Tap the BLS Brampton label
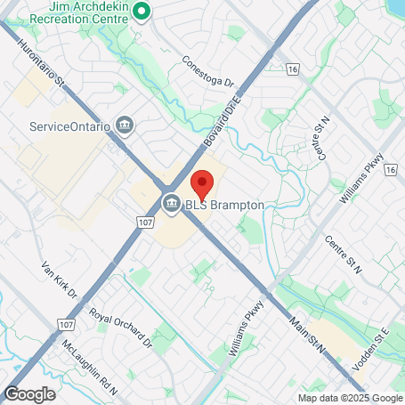tap(224, 205)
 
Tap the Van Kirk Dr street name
tap(60, 279)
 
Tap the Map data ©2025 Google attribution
tap(350, 398)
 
